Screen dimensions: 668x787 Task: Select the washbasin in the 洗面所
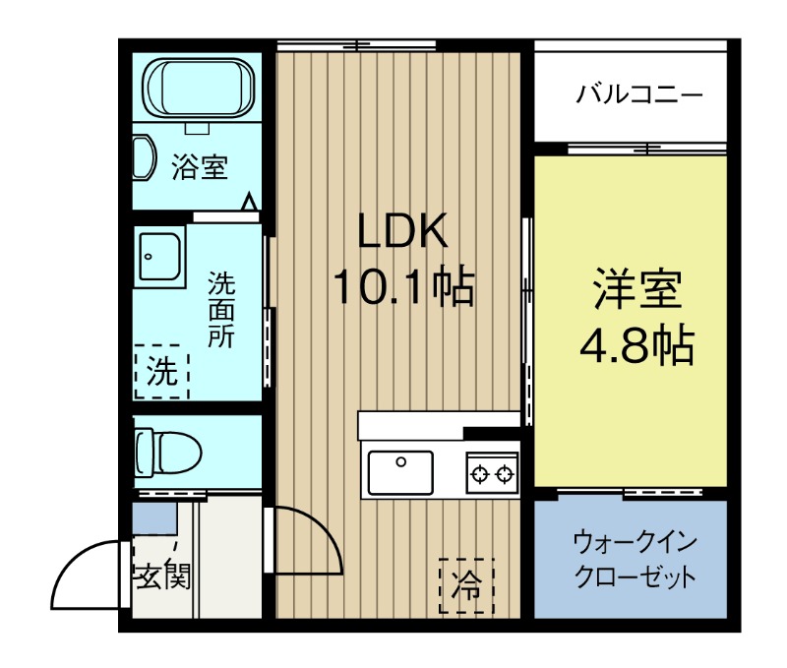[x=159, y=258]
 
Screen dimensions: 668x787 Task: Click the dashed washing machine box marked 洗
[x=160, y=371]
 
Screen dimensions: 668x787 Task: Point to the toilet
[x=169, y=453]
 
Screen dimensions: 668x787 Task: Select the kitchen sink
[x=400, y=470]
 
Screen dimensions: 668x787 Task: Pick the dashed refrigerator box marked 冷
[x=466, y=584]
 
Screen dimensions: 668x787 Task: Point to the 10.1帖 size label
[x=403, y=287]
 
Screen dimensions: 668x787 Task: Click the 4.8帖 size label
[x=636, y=344]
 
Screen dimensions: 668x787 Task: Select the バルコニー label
[x=639, y=95]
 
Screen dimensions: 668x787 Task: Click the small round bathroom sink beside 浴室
[x=144, y=157]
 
